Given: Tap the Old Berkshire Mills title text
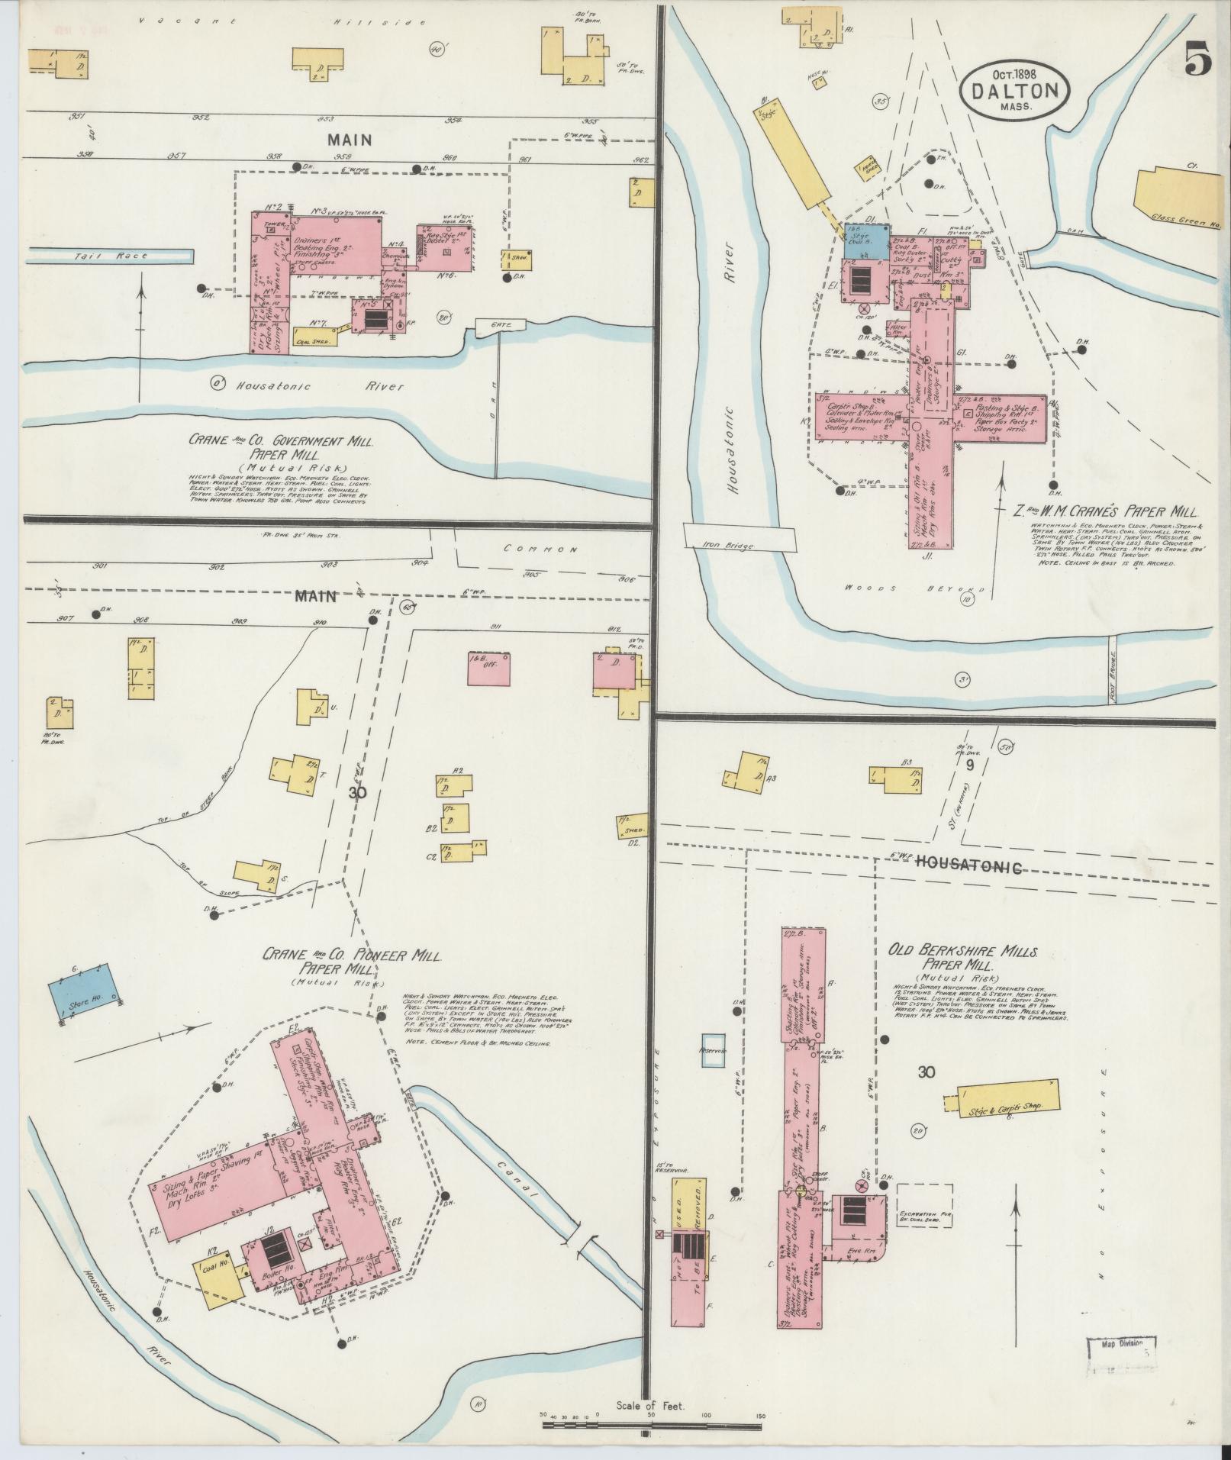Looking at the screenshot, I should point(961,959).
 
